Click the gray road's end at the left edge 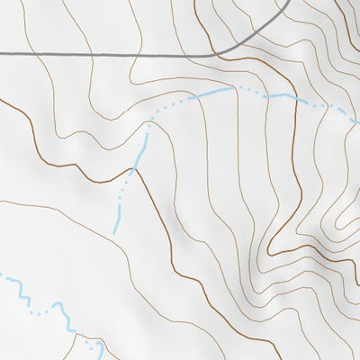pyautogui.click(x=1, y=55)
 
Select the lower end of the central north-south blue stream pyautogui.click(x=114, y=232)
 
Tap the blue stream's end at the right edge pyautogui.click(x=358, y=117)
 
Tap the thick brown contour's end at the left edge pyautogui.click(x=1, y=100)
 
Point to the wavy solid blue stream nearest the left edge pyautogui.click(x=16, y=287)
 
